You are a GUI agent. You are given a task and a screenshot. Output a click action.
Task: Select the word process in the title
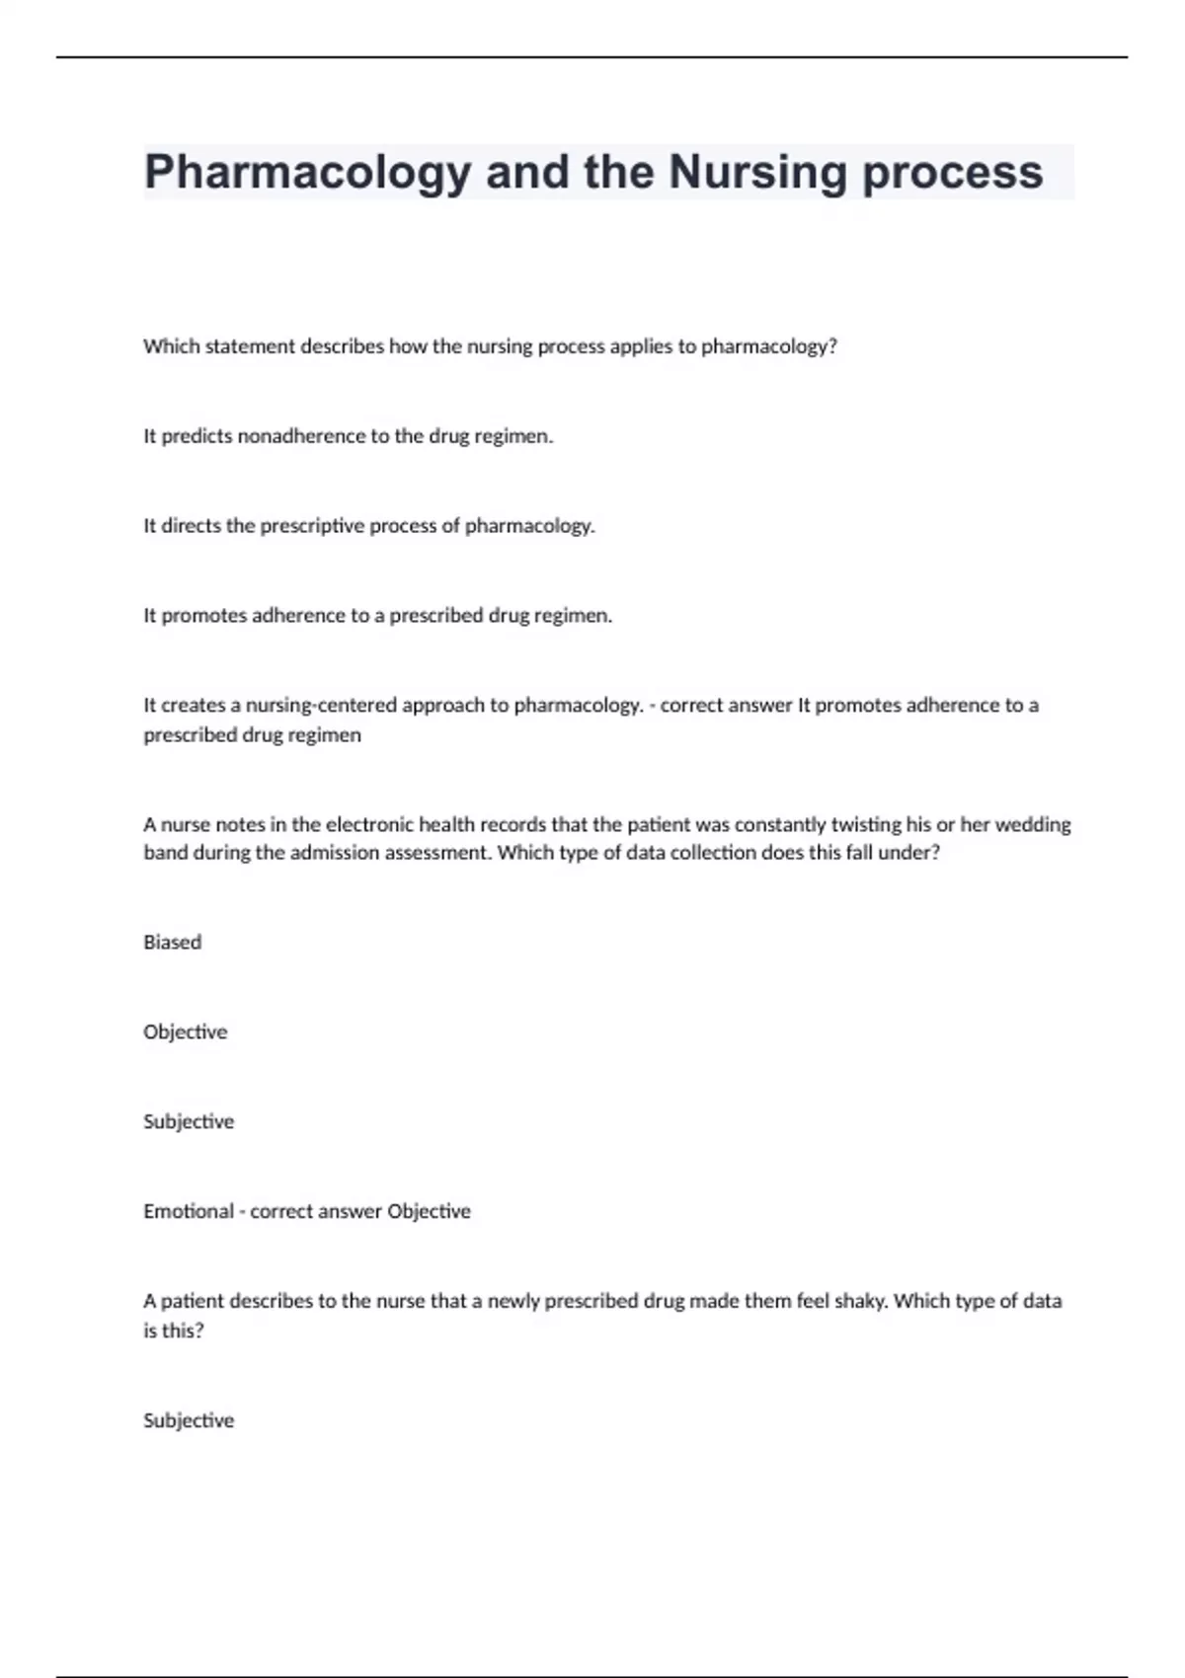(x=953, y=173)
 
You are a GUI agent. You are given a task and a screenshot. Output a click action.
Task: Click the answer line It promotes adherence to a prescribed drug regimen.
(x=377, y=616)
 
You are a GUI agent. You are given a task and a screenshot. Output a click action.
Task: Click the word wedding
(x=1034, y=824)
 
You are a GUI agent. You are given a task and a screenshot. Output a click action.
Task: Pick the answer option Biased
(x=172, y=943)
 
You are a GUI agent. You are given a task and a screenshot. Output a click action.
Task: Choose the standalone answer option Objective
(x=185, y=1032)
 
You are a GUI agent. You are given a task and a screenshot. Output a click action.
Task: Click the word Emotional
(x=189, y=1211)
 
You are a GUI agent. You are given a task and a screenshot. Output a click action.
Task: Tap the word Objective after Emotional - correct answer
(x=429, y=1211)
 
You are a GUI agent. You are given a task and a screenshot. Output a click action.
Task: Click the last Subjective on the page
(x=189, y=1420)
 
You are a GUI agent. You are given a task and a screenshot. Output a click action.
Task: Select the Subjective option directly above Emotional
(x=189, y=1122)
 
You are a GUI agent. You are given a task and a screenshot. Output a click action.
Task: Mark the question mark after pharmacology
(x=832, y=346)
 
